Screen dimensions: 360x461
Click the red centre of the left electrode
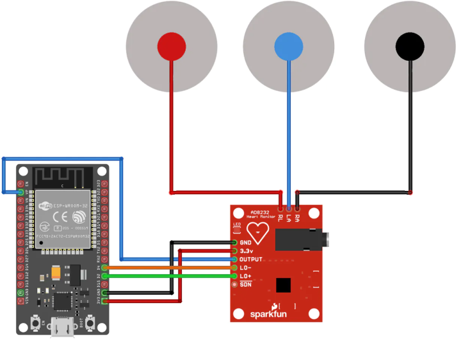click(x=172, y=46)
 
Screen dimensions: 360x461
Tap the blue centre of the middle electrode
click(x=289, y=47)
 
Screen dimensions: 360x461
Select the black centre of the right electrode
click(x=410, y=45)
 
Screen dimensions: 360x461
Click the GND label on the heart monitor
click(x=245, y=243)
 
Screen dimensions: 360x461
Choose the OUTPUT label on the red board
click(x=250, y=259)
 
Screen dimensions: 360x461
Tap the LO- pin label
click(x=245, y=267)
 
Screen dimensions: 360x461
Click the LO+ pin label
click(x=245, y=275)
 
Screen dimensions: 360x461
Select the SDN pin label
click(x=245, y=284)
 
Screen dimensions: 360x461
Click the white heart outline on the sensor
click(x=258, y=233)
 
